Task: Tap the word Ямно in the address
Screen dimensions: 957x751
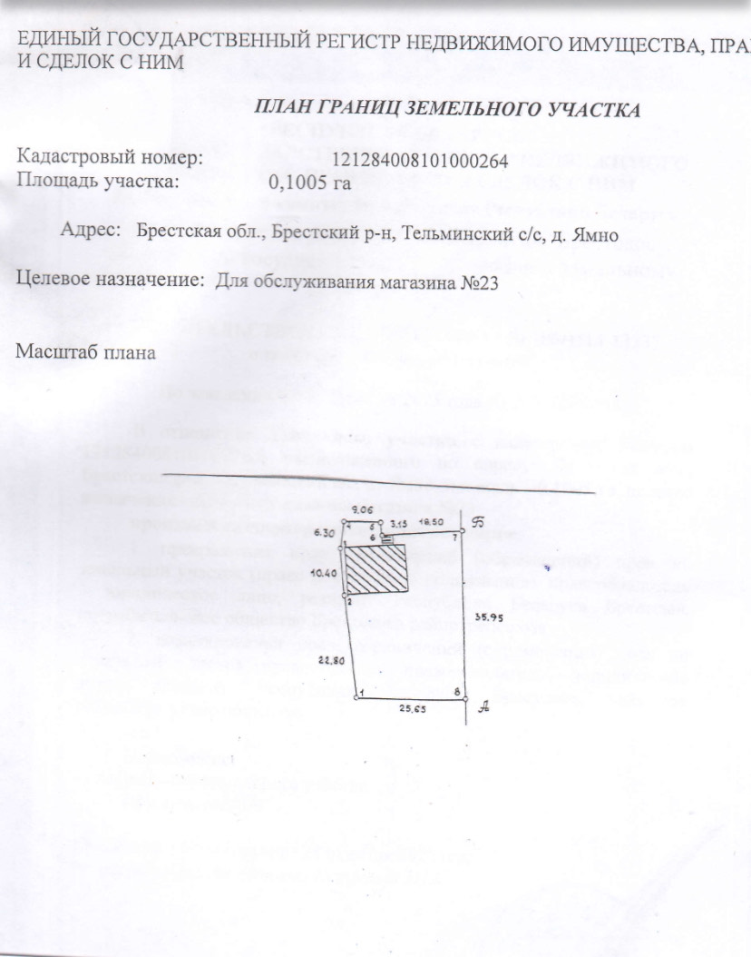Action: (x=595, y=235)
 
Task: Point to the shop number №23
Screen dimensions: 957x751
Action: (x=474, y=282)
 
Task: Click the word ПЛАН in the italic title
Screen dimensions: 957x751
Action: (x=287, y=111)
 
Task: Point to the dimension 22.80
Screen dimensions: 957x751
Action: (x=330, y=660)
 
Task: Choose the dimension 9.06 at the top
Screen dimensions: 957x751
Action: (x=363, y=511)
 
